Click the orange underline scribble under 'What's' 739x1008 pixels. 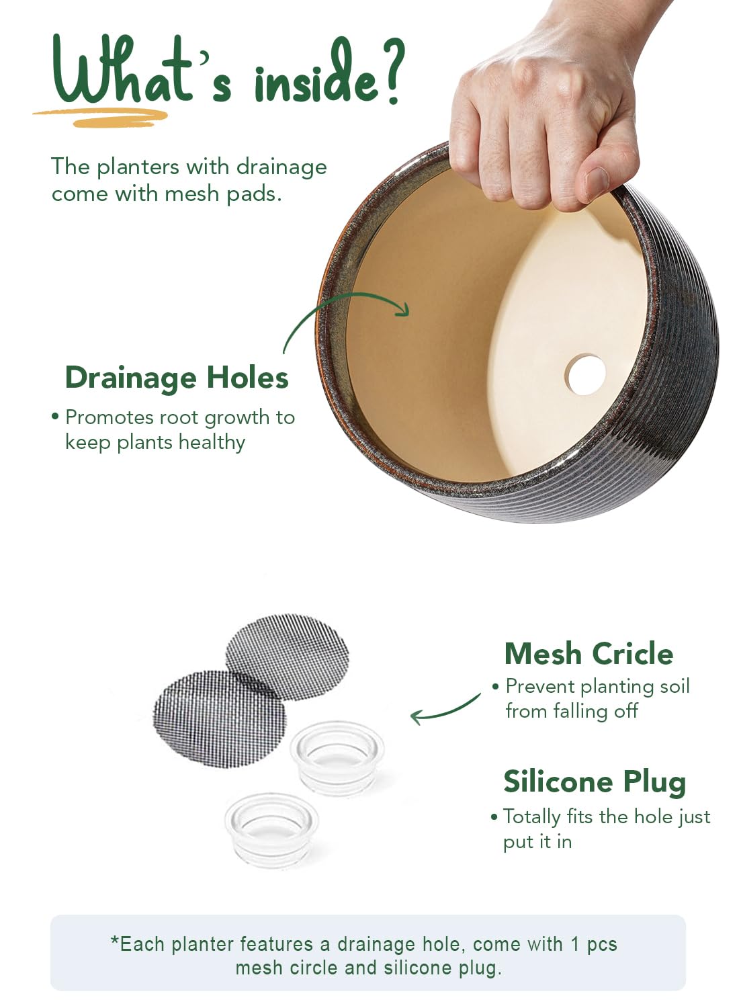coord(101,117)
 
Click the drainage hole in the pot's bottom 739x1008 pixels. coord(585,374)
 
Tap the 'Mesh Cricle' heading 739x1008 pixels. coord(589,653)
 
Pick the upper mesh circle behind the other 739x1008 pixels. coord(288,657)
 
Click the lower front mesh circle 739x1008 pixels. coord(220,718)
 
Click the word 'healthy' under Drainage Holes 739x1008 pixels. coord(212,442)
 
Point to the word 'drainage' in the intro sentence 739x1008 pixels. coord(281,168)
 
